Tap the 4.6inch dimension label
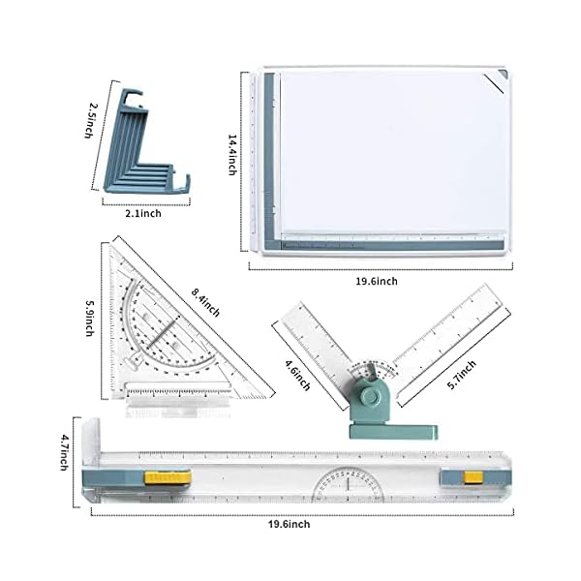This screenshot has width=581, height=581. click(297, 373)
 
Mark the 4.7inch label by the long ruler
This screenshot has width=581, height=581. click(65, 452)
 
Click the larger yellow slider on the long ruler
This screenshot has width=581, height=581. click(165, 476)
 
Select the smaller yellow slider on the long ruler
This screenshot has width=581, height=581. click(474, 476)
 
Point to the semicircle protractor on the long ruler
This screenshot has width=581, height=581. click(346, 483)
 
